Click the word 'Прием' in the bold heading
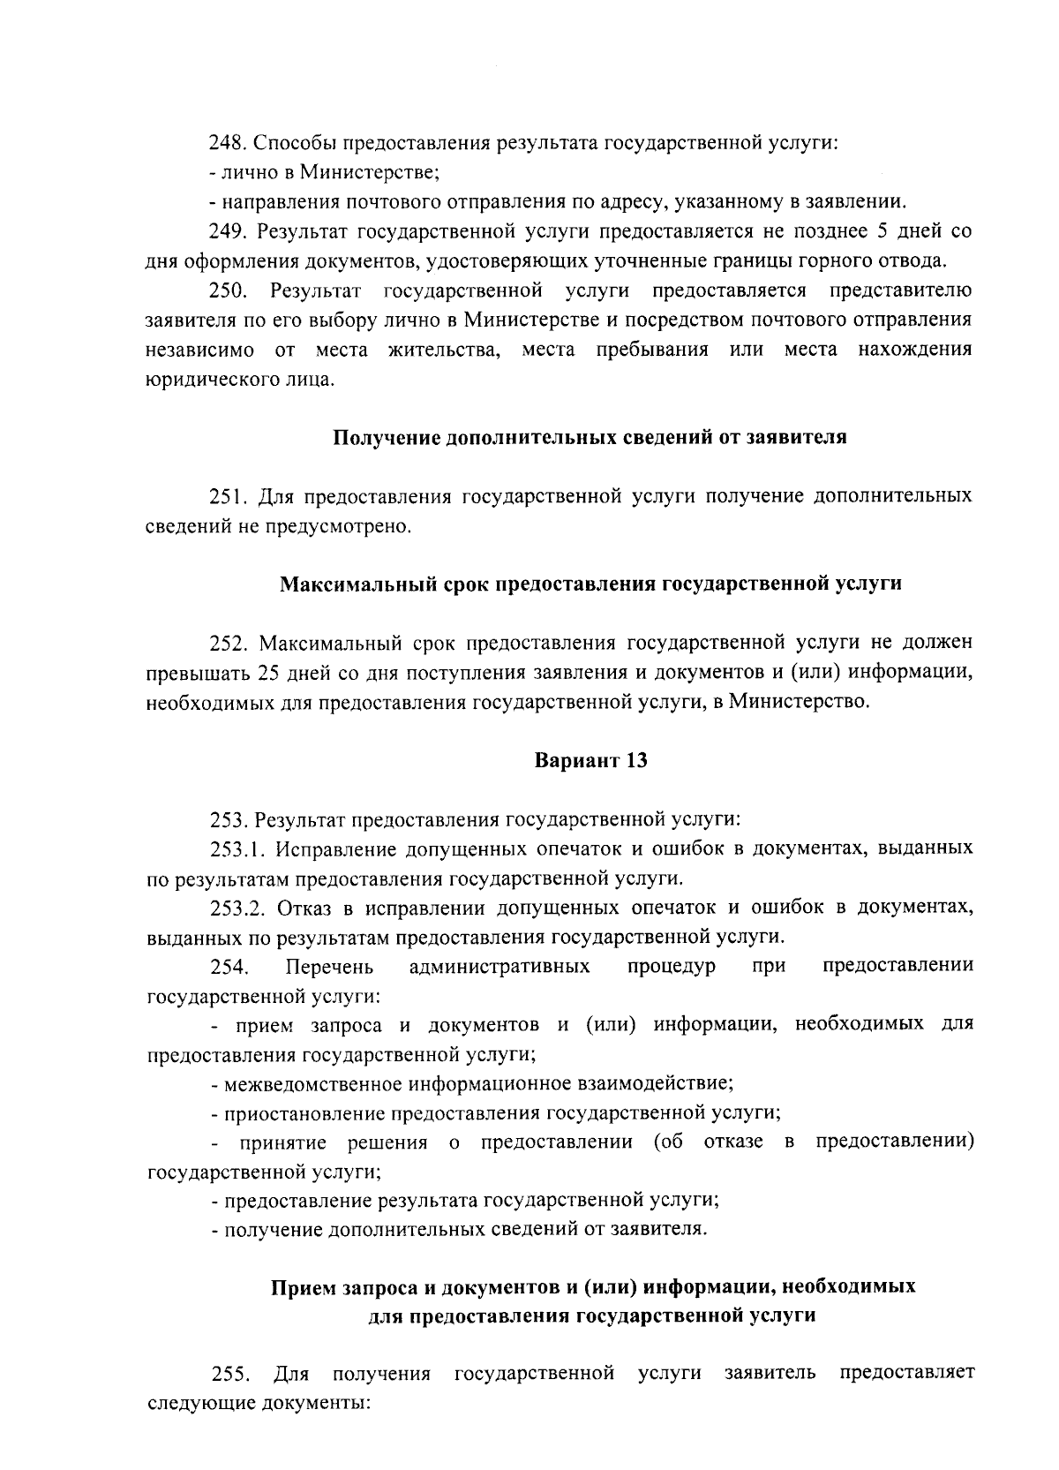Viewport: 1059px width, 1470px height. [303, 1286]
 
